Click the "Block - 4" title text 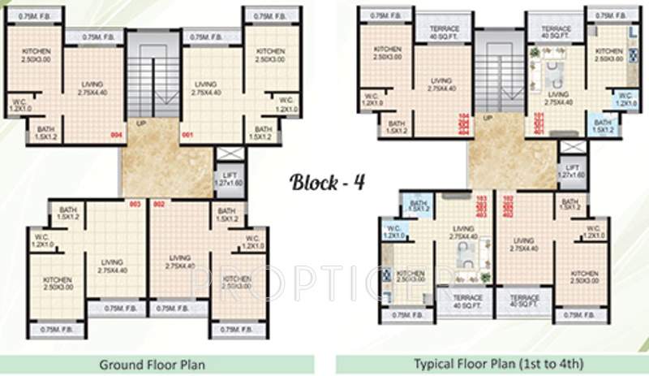pos(328,181)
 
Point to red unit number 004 pos(116,136)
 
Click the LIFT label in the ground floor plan pos(225,179)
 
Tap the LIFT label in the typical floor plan pos(571,171)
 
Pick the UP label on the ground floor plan pos(142,124)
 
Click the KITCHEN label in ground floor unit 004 pos(38,55)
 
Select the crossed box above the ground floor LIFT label pos(226,155)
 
